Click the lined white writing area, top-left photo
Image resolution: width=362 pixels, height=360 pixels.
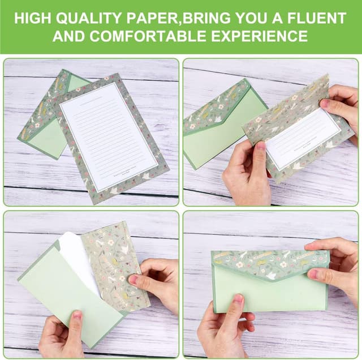[x=107, y=136]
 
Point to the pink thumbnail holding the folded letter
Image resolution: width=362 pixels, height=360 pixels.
[x=260, y=146]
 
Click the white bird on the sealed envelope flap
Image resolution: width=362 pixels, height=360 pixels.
[x=271, y=276]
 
